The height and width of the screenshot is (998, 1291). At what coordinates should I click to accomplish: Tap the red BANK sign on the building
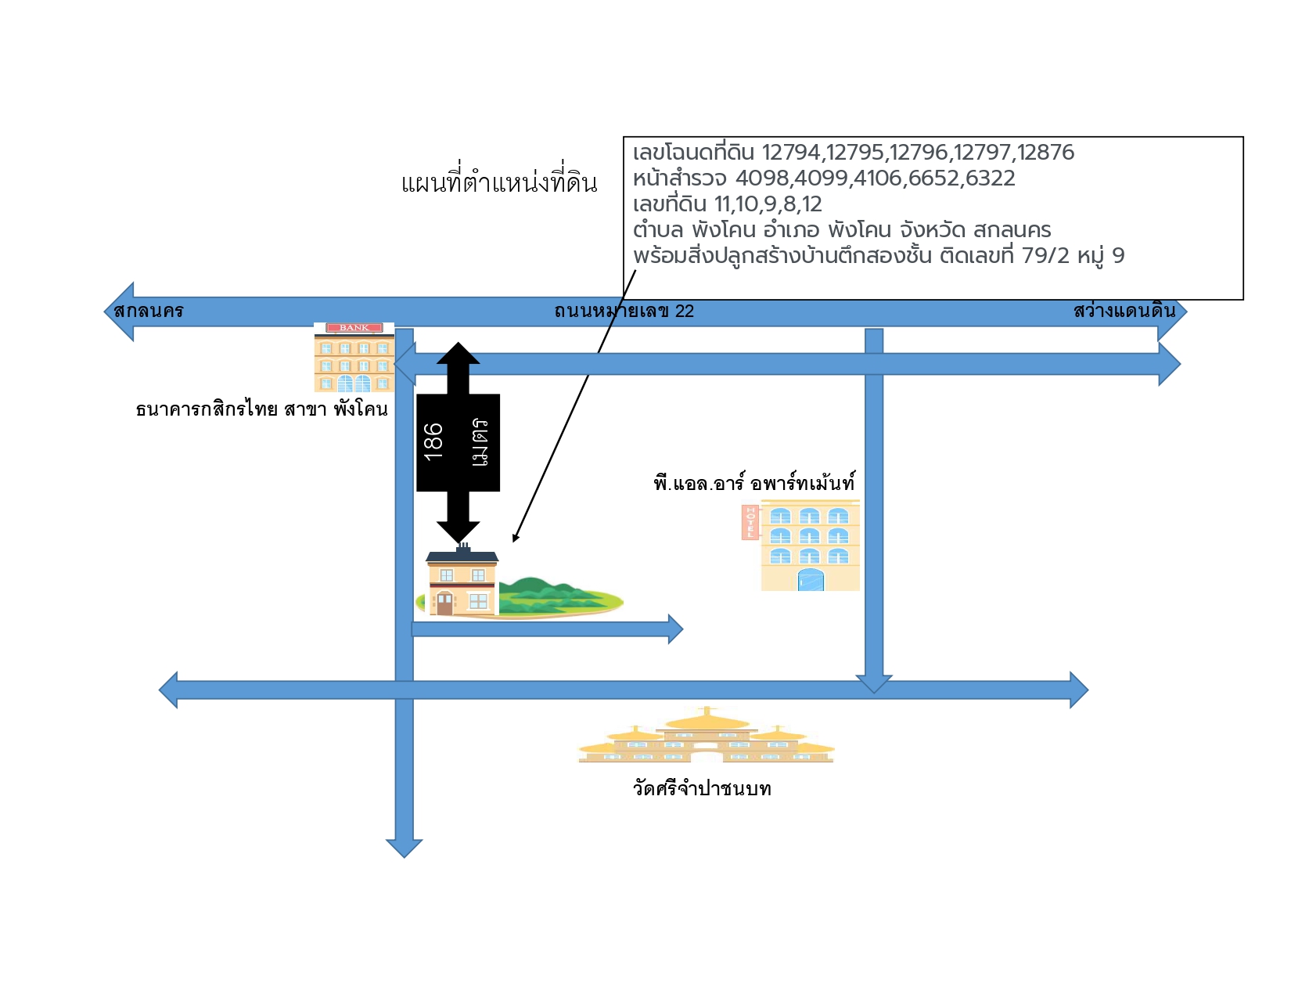[x=354, y=327]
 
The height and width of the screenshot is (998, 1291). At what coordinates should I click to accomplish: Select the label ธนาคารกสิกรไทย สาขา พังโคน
[x=261, y=409]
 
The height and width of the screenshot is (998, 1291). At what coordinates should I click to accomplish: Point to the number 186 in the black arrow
[x=433, y=441]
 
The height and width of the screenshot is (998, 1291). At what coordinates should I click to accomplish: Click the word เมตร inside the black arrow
[x=480, y=441]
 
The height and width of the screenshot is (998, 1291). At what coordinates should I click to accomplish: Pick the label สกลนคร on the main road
[x=149, y=310]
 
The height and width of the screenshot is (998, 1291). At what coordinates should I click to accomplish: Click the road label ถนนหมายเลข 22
[x=624, y=311]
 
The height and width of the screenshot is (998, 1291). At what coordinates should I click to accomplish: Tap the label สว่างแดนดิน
[x=1124, y=310]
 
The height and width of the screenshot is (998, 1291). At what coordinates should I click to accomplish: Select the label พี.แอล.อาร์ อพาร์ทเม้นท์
[x=754, y=481]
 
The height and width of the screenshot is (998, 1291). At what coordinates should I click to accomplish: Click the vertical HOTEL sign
[x=750, y=522]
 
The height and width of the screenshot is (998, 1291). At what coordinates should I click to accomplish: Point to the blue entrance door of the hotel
[x=811, y=579]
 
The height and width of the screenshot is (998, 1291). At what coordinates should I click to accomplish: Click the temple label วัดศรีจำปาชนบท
[x=702, y=788]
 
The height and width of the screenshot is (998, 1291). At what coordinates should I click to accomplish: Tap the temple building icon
[x=707, y=735]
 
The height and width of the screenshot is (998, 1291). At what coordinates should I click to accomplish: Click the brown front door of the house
[x=444, y=604]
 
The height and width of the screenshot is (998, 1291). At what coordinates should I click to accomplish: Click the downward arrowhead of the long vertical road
[x=404, y=848]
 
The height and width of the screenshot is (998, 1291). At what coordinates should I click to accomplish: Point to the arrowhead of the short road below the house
[x=675, y=629]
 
